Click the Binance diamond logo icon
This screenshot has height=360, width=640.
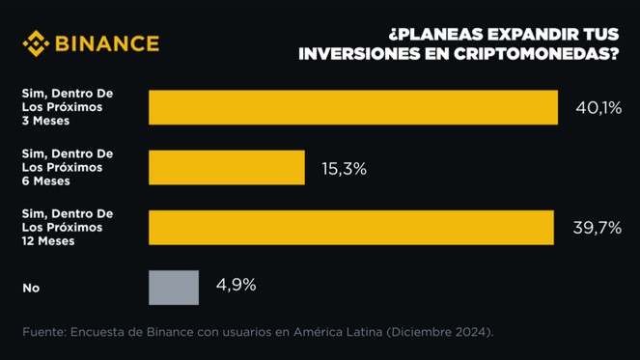[x=36, y=43]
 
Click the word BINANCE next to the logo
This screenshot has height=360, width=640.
[x=107, y=43]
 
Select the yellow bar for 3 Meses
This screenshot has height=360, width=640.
[x=353, y=107]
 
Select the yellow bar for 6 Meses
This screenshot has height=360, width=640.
[x=227, y=168]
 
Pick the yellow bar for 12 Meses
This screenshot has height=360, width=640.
[x=351, y=228]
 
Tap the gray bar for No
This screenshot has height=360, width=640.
[x=174, y=288]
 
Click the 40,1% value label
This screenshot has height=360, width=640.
[x=598, y=108]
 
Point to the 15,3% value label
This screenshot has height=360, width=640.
[x=344, y=169]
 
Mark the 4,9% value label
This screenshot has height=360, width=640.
[x=236, y=286]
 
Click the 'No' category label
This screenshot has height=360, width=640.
[x=31, y=288]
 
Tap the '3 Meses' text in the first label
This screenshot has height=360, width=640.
[x=46, y=121]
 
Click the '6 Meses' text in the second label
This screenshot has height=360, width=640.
[x=46, y=180]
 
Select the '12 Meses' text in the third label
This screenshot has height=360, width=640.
[x=48, y=240]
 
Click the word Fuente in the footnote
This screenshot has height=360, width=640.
[x=42, y=332]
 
